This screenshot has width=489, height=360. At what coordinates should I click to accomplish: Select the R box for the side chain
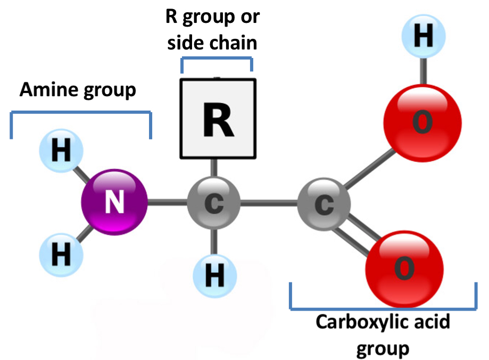tap(218, 119)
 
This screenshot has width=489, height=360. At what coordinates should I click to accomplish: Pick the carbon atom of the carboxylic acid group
tap(324, 204)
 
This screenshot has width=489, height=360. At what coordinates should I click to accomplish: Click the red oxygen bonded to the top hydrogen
tap(422, 123)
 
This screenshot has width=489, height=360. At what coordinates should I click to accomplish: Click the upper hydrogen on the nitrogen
tap(61, 152)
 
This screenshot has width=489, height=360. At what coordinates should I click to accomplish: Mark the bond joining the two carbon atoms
tap(269, 203)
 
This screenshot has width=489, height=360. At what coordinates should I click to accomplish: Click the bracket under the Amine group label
tap(80, 112)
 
